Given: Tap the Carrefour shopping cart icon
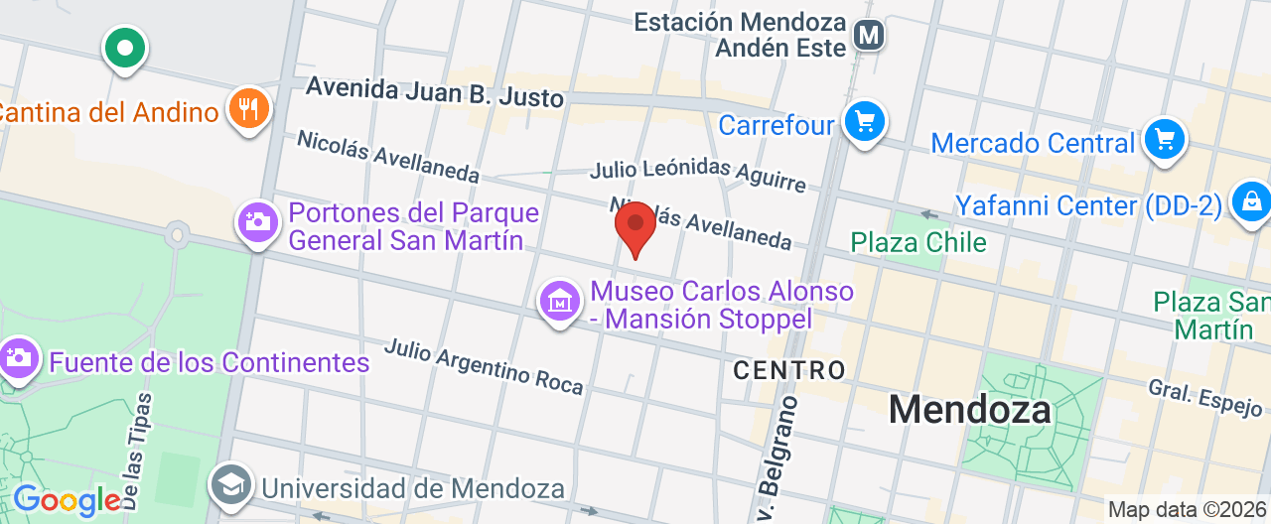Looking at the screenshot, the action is (864, 122).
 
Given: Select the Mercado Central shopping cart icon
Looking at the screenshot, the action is (1165, 139).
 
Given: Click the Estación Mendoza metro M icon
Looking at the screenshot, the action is (870, 36).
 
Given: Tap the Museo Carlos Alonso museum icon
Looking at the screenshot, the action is (560, 301).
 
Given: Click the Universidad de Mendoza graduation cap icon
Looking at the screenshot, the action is (231, 485).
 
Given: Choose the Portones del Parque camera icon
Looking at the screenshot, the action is (258, 221).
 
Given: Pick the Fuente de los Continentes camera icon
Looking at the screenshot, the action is (19, 357).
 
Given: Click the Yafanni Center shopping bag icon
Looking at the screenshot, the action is (1250, 201).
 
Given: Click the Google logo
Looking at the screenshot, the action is (66, 499).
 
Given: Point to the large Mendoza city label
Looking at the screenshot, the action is (969, 409).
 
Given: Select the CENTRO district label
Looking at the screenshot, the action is (789, 370).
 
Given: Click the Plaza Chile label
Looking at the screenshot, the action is (918, 242).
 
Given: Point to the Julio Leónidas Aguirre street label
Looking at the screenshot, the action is (697, 175).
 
